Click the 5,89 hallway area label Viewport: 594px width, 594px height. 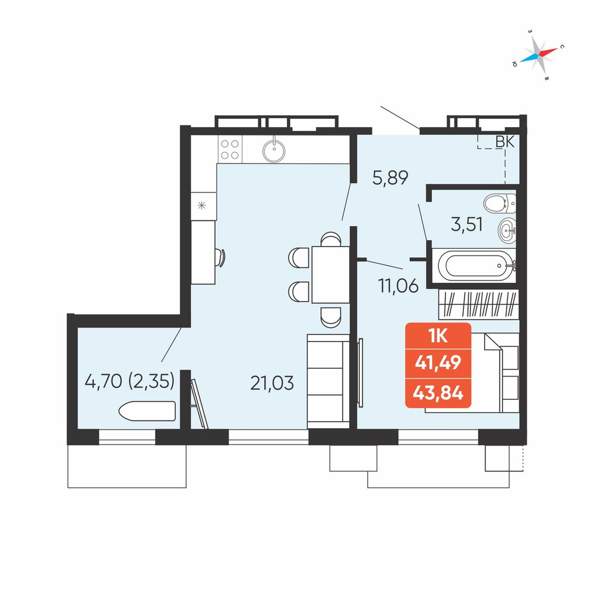[x=390, y=178]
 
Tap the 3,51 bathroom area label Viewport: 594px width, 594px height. [x=467, y=225]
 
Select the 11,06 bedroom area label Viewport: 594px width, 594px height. [x=398, y=286]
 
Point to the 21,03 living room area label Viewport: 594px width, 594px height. [x=272, y=383]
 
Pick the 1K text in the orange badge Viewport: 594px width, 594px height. [x=438, y=336]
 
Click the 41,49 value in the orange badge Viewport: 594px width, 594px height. [x=438, y=363]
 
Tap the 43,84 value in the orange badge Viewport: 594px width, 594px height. [x=438, y=393]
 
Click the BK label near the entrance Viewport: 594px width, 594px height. [x=505, y=142]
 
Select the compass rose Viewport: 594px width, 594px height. [x=538, y=55]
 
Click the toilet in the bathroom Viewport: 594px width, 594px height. [x=500, y=203]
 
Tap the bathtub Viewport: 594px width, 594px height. [x=475, y=266]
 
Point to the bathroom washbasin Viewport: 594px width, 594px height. [x=507, y=230]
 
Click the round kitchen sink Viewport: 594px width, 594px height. [x=274, y=150]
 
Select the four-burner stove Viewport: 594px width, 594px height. [x=230, y=149]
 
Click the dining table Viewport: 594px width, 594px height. [x=330, y=274]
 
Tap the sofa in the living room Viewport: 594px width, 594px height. [x=328, y=381]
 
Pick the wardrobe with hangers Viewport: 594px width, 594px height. [x=478, y=304]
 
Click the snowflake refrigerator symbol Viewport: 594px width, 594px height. [x=202, y=206]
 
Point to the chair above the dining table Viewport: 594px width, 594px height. [x=331, y=239]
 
